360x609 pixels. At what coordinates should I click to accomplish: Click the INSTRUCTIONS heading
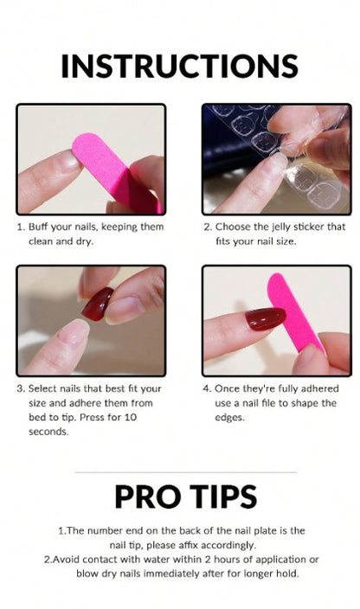(179, 66)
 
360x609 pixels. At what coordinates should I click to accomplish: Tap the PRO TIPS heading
(186, 497)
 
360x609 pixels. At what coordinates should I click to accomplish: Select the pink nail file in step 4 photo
(295, 312)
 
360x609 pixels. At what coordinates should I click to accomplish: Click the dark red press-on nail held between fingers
(98, 304)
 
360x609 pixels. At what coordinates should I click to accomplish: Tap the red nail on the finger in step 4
(266, 318)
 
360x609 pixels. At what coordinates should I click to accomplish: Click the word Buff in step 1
(37, 227)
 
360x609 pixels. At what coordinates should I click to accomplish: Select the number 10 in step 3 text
(131, 417)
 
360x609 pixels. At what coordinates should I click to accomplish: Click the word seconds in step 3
(48, 432)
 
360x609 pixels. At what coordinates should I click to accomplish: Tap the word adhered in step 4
(320, 388)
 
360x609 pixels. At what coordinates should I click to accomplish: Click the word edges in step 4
(229, 418)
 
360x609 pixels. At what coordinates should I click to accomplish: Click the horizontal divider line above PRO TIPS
(186, 472)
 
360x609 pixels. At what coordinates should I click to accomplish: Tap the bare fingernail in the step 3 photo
(73, 332)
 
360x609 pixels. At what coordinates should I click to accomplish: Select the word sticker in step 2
(310, 227)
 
